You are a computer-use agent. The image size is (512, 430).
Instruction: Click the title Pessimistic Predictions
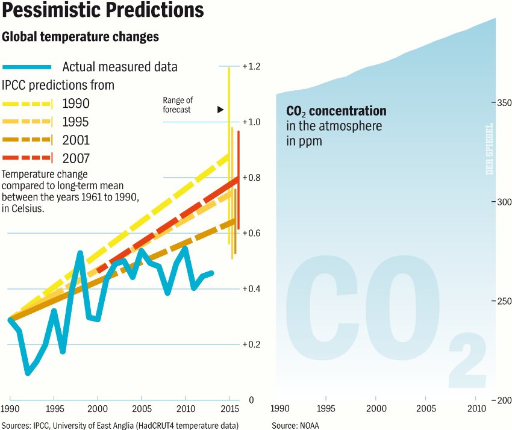(103, 11)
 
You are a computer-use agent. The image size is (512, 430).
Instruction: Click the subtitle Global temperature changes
(81, 37)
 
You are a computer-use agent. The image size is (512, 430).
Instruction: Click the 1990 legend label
(76, 104)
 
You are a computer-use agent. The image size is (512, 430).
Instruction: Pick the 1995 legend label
(76, 122)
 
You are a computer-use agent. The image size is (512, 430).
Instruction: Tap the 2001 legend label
(76, 140)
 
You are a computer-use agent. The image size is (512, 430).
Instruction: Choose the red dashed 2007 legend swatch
(27, 158)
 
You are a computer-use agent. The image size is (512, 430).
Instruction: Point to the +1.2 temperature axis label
(251, 66)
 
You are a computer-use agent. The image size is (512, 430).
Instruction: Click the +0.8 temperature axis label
(251, 178)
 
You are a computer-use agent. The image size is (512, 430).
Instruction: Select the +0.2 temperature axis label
(251, 344)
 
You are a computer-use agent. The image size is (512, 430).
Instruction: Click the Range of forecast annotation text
(177, 105)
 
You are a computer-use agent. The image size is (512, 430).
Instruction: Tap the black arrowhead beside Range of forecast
(220, 110)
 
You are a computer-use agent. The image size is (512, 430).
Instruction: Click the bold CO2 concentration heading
(336, 111)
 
